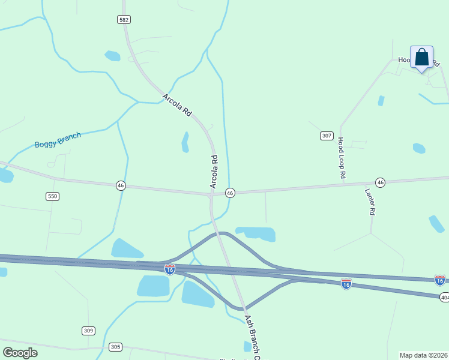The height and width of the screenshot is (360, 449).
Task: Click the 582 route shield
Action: pos(124,20)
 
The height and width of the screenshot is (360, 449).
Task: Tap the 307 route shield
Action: pos(327,136)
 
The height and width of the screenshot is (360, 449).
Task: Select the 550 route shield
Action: pos(53,196)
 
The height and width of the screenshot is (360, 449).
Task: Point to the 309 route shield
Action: pos(88,331)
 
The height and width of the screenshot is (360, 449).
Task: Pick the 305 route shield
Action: pos(116,347)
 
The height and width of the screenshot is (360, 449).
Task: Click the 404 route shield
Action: pos(444,297)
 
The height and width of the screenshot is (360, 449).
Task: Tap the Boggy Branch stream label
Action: pos(58,140)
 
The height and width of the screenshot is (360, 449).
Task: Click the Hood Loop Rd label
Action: pos(341,158)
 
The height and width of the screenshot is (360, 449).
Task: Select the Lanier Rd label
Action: pos(370,202)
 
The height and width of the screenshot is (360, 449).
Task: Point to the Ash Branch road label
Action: pos(252,337)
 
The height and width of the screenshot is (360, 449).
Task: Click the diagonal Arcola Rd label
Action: pos(176,104)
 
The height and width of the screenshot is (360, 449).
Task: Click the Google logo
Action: pos(20,353)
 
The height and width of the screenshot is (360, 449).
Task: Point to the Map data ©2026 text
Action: pos(424,355)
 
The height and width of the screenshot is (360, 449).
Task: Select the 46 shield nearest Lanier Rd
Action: pos(380,182)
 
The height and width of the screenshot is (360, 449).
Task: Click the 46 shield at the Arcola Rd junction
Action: pos(230,193)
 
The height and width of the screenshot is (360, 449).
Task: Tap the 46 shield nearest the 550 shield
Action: pos(121,186)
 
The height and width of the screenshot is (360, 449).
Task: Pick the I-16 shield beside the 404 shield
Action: pos(440,280)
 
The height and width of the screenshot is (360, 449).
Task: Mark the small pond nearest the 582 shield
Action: pos(112,56)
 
